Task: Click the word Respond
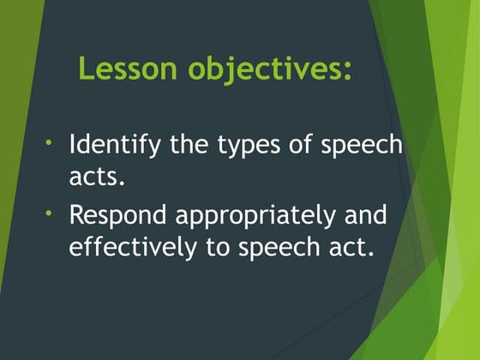(117, 216)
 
